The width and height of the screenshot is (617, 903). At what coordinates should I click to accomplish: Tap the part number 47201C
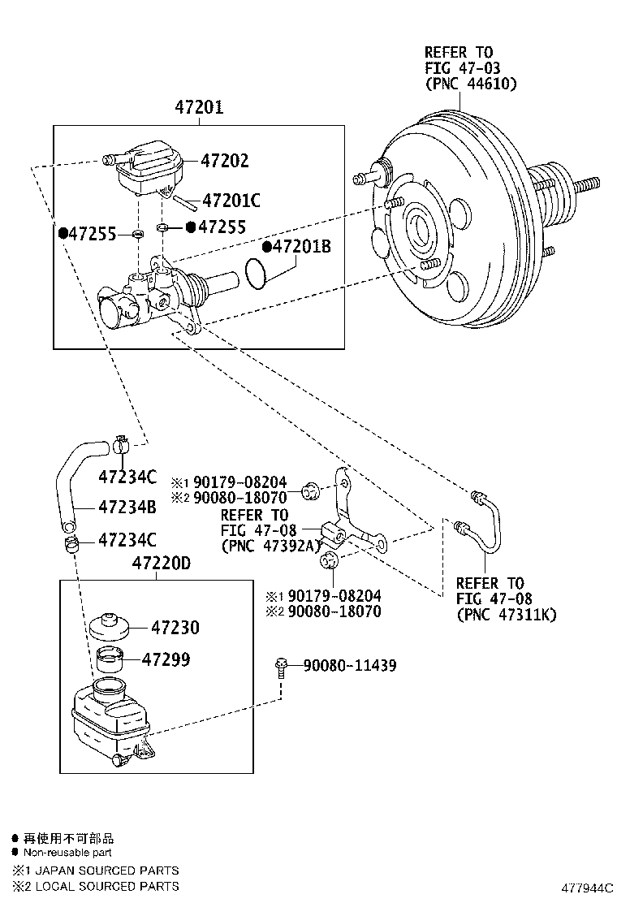(231, 200)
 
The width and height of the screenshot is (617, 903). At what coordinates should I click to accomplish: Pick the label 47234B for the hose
(127, 508)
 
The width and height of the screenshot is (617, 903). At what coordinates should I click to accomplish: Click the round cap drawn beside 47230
(109, 627)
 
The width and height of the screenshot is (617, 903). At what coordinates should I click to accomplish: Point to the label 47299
(166, 659)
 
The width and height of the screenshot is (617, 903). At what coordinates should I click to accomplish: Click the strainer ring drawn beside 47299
(110, 659)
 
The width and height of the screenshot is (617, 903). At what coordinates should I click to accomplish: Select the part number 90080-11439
(349, 666)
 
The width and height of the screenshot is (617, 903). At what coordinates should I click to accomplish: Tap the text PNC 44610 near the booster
(470, 84)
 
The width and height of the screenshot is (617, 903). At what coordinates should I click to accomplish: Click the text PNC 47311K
(507, 615)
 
